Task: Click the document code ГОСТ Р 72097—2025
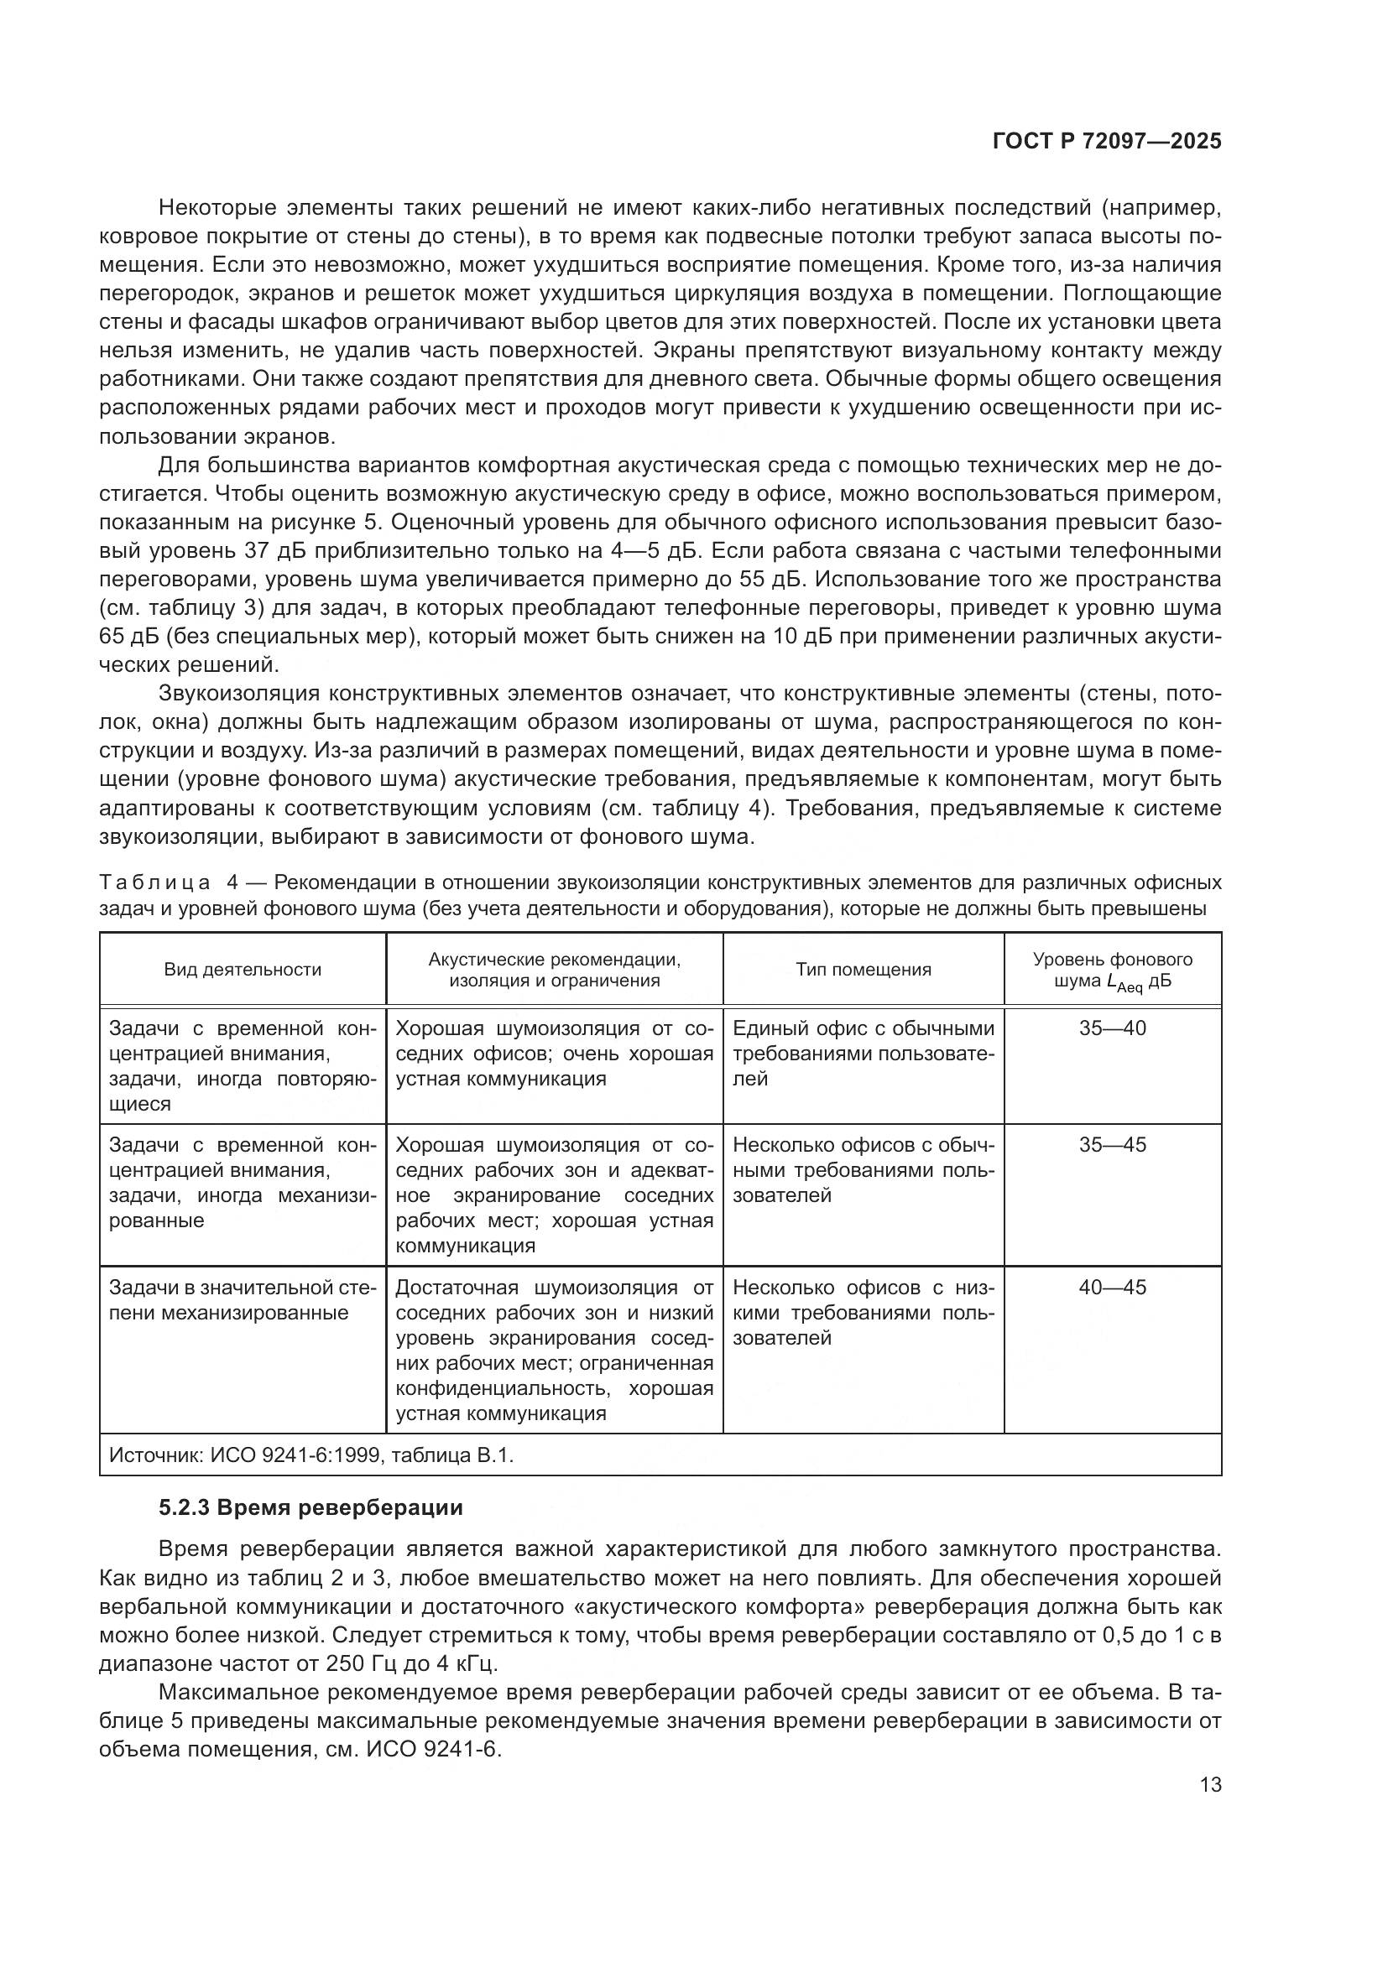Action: coord(1107,142)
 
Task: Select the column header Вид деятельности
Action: coord(243,969)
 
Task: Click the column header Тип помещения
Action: coord(864,969)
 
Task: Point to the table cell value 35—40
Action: coord(1112,1028)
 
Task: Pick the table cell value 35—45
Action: coord(1112,1145)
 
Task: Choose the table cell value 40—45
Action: coord(1112,1288)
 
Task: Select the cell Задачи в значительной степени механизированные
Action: coord(243,1299)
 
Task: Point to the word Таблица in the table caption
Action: coord(154,882)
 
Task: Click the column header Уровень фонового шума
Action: coord(1112,969)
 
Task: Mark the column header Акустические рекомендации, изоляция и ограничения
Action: coord(554,969)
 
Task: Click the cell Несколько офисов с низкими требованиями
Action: coord(864,1312)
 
